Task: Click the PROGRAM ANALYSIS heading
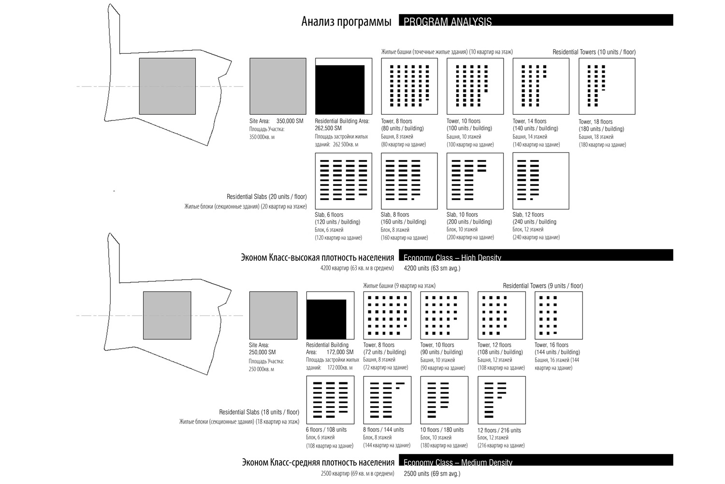tap(447, 21)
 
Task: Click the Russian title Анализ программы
tap(346, 22)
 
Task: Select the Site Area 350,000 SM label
tap(276, 121)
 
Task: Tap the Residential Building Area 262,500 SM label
tap(342, 124)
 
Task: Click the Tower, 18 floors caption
tap(595, 121)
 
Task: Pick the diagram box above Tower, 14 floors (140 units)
tap(541, 86)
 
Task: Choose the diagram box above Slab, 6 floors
tap(343, 181)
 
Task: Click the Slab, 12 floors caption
tap(528, 214)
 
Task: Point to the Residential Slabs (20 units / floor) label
tap(266, 197)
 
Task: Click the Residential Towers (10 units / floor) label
tap(594, 52)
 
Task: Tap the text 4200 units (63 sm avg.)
tap(432, 268)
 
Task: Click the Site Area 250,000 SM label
tap(262, 348)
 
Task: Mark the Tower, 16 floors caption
tap(551, 345)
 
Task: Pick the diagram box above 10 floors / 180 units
tap(444, 400)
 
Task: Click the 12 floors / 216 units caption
tap(499, 430)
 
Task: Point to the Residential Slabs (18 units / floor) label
tap(259, 412)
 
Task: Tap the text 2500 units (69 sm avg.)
tap(432, 473)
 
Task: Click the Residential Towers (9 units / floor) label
tap(543, 286)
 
